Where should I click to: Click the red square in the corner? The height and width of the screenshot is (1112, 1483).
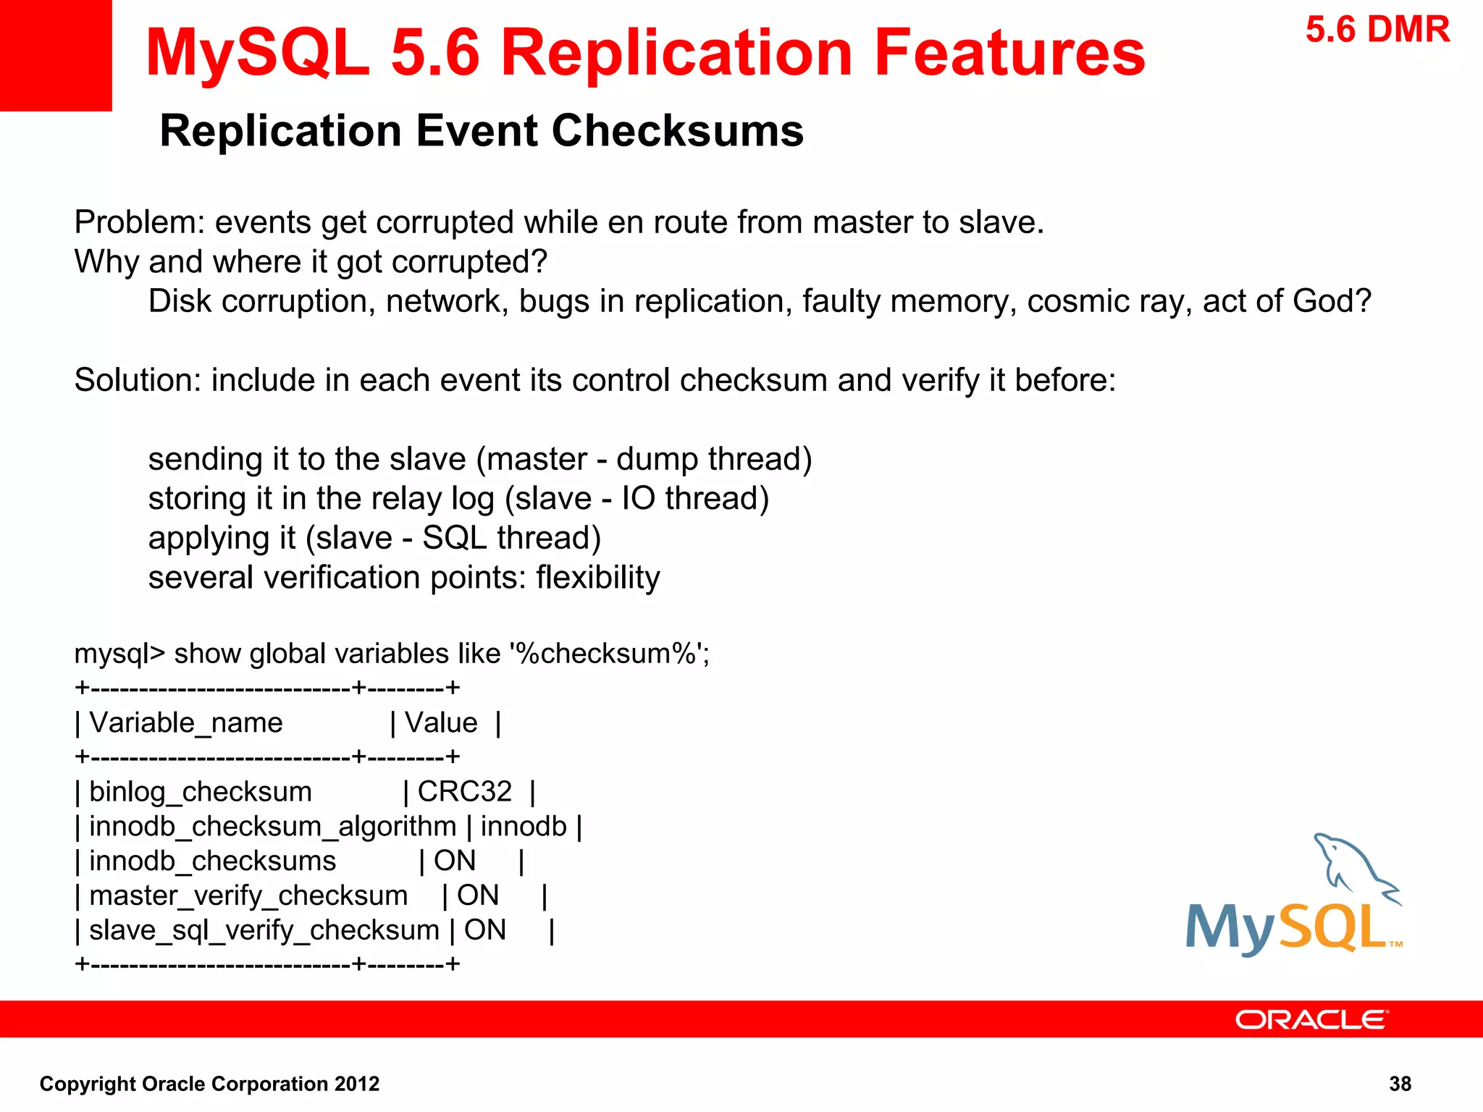tap(55, 55)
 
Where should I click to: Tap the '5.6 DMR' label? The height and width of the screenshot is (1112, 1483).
tap(1377, 30)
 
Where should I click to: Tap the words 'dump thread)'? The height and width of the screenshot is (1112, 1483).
tap(714, 459)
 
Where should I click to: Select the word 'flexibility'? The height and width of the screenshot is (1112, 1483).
tap(598, 578)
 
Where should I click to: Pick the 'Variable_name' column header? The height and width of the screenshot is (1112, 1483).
tap(185, 723)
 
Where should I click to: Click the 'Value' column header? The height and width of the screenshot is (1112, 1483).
tap(441, 723)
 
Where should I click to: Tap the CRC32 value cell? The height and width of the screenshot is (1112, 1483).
tap(464, 791)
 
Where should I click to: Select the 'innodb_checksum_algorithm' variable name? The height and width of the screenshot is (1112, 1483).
tap(272, 826)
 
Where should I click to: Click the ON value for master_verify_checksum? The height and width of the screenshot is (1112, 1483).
tap(478, 896)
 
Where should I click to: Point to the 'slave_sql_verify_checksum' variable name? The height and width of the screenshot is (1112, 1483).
tap(264, 930)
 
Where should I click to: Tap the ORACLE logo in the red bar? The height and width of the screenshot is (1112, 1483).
tap(1311, 1019)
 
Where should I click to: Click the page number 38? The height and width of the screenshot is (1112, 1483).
tap(1400, 1084)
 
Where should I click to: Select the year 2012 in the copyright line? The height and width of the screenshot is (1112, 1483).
tap(356, 1084)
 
